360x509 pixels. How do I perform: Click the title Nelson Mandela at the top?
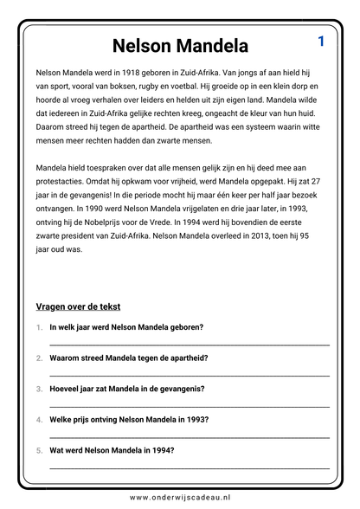pos(180,45)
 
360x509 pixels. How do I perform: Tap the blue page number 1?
pos(321,41)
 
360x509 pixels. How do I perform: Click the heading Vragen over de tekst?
pos(78,306)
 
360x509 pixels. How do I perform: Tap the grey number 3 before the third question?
pos(39,389)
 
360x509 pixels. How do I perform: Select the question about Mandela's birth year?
pos(126,327)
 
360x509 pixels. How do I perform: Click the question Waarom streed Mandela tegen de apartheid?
pos(128,358)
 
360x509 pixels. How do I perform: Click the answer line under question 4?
pos(190,436)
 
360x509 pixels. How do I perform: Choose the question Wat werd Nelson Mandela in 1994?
pos(112,450)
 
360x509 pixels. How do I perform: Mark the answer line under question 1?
pos(190,345)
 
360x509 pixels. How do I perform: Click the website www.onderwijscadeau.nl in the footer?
pos(180,497)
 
